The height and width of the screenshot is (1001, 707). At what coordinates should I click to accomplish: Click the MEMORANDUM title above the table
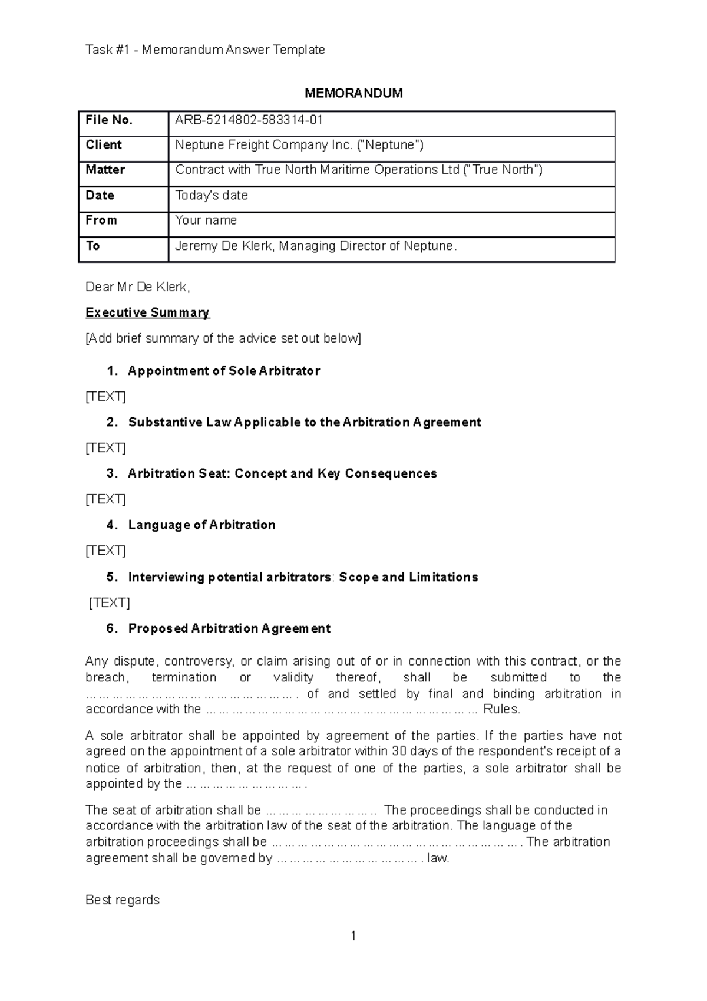click(x=353, y=93)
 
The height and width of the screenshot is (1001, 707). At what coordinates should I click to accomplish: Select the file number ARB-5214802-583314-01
click(x=249, y=120)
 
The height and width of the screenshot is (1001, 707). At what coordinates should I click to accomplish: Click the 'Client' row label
click(x=104, y=145)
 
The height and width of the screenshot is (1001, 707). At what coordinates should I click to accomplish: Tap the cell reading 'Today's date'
click(x=212, y=195)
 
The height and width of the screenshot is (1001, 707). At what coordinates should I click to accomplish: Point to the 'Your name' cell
click(x=206, y=220)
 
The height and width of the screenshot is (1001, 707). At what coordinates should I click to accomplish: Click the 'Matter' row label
click(x=105, y=170)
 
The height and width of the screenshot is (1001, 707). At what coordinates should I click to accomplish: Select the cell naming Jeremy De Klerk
click(x=316, y=246)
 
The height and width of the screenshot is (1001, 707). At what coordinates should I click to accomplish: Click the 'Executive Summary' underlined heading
click(x=147, y=312)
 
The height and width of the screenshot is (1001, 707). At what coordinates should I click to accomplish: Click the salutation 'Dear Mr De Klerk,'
click(x=138, y=287)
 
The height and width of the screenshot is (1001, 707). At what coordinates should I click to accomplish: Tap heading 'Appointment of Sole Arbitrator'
click(x=224, y=371)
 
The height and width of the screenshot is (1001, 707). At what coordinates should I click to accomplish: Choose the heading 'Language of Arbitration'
click(x=201, y=525)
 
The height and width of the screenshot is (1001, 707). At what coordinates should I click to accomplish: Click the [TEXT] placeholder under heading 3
click(x=105, y=499)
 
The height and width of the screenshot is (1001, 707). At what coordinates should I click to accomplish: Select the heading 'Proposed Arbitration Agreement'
click(x=229, y=628)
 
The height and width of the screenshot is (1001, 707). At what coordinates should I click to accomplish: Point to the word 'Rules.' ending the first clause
click(x=501, y=709)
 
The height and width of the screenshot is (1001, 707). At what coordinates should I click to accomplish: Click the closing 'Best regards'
click(x=123, y=900)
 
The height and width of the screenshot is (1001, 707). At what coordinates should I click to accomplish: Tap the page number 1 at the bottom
click(x=353, y=936)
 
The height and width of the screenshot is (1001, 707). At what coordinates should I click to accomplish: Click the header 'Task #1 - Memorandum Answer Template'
click(x=205, y=50)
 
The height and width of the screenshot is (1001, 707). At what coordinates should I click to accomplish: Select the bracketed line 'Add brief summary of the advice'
click(x=223, y=338)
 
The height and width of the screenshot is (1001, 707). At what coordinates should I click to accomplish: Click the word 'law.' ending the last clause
click(x=438, y=858)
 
